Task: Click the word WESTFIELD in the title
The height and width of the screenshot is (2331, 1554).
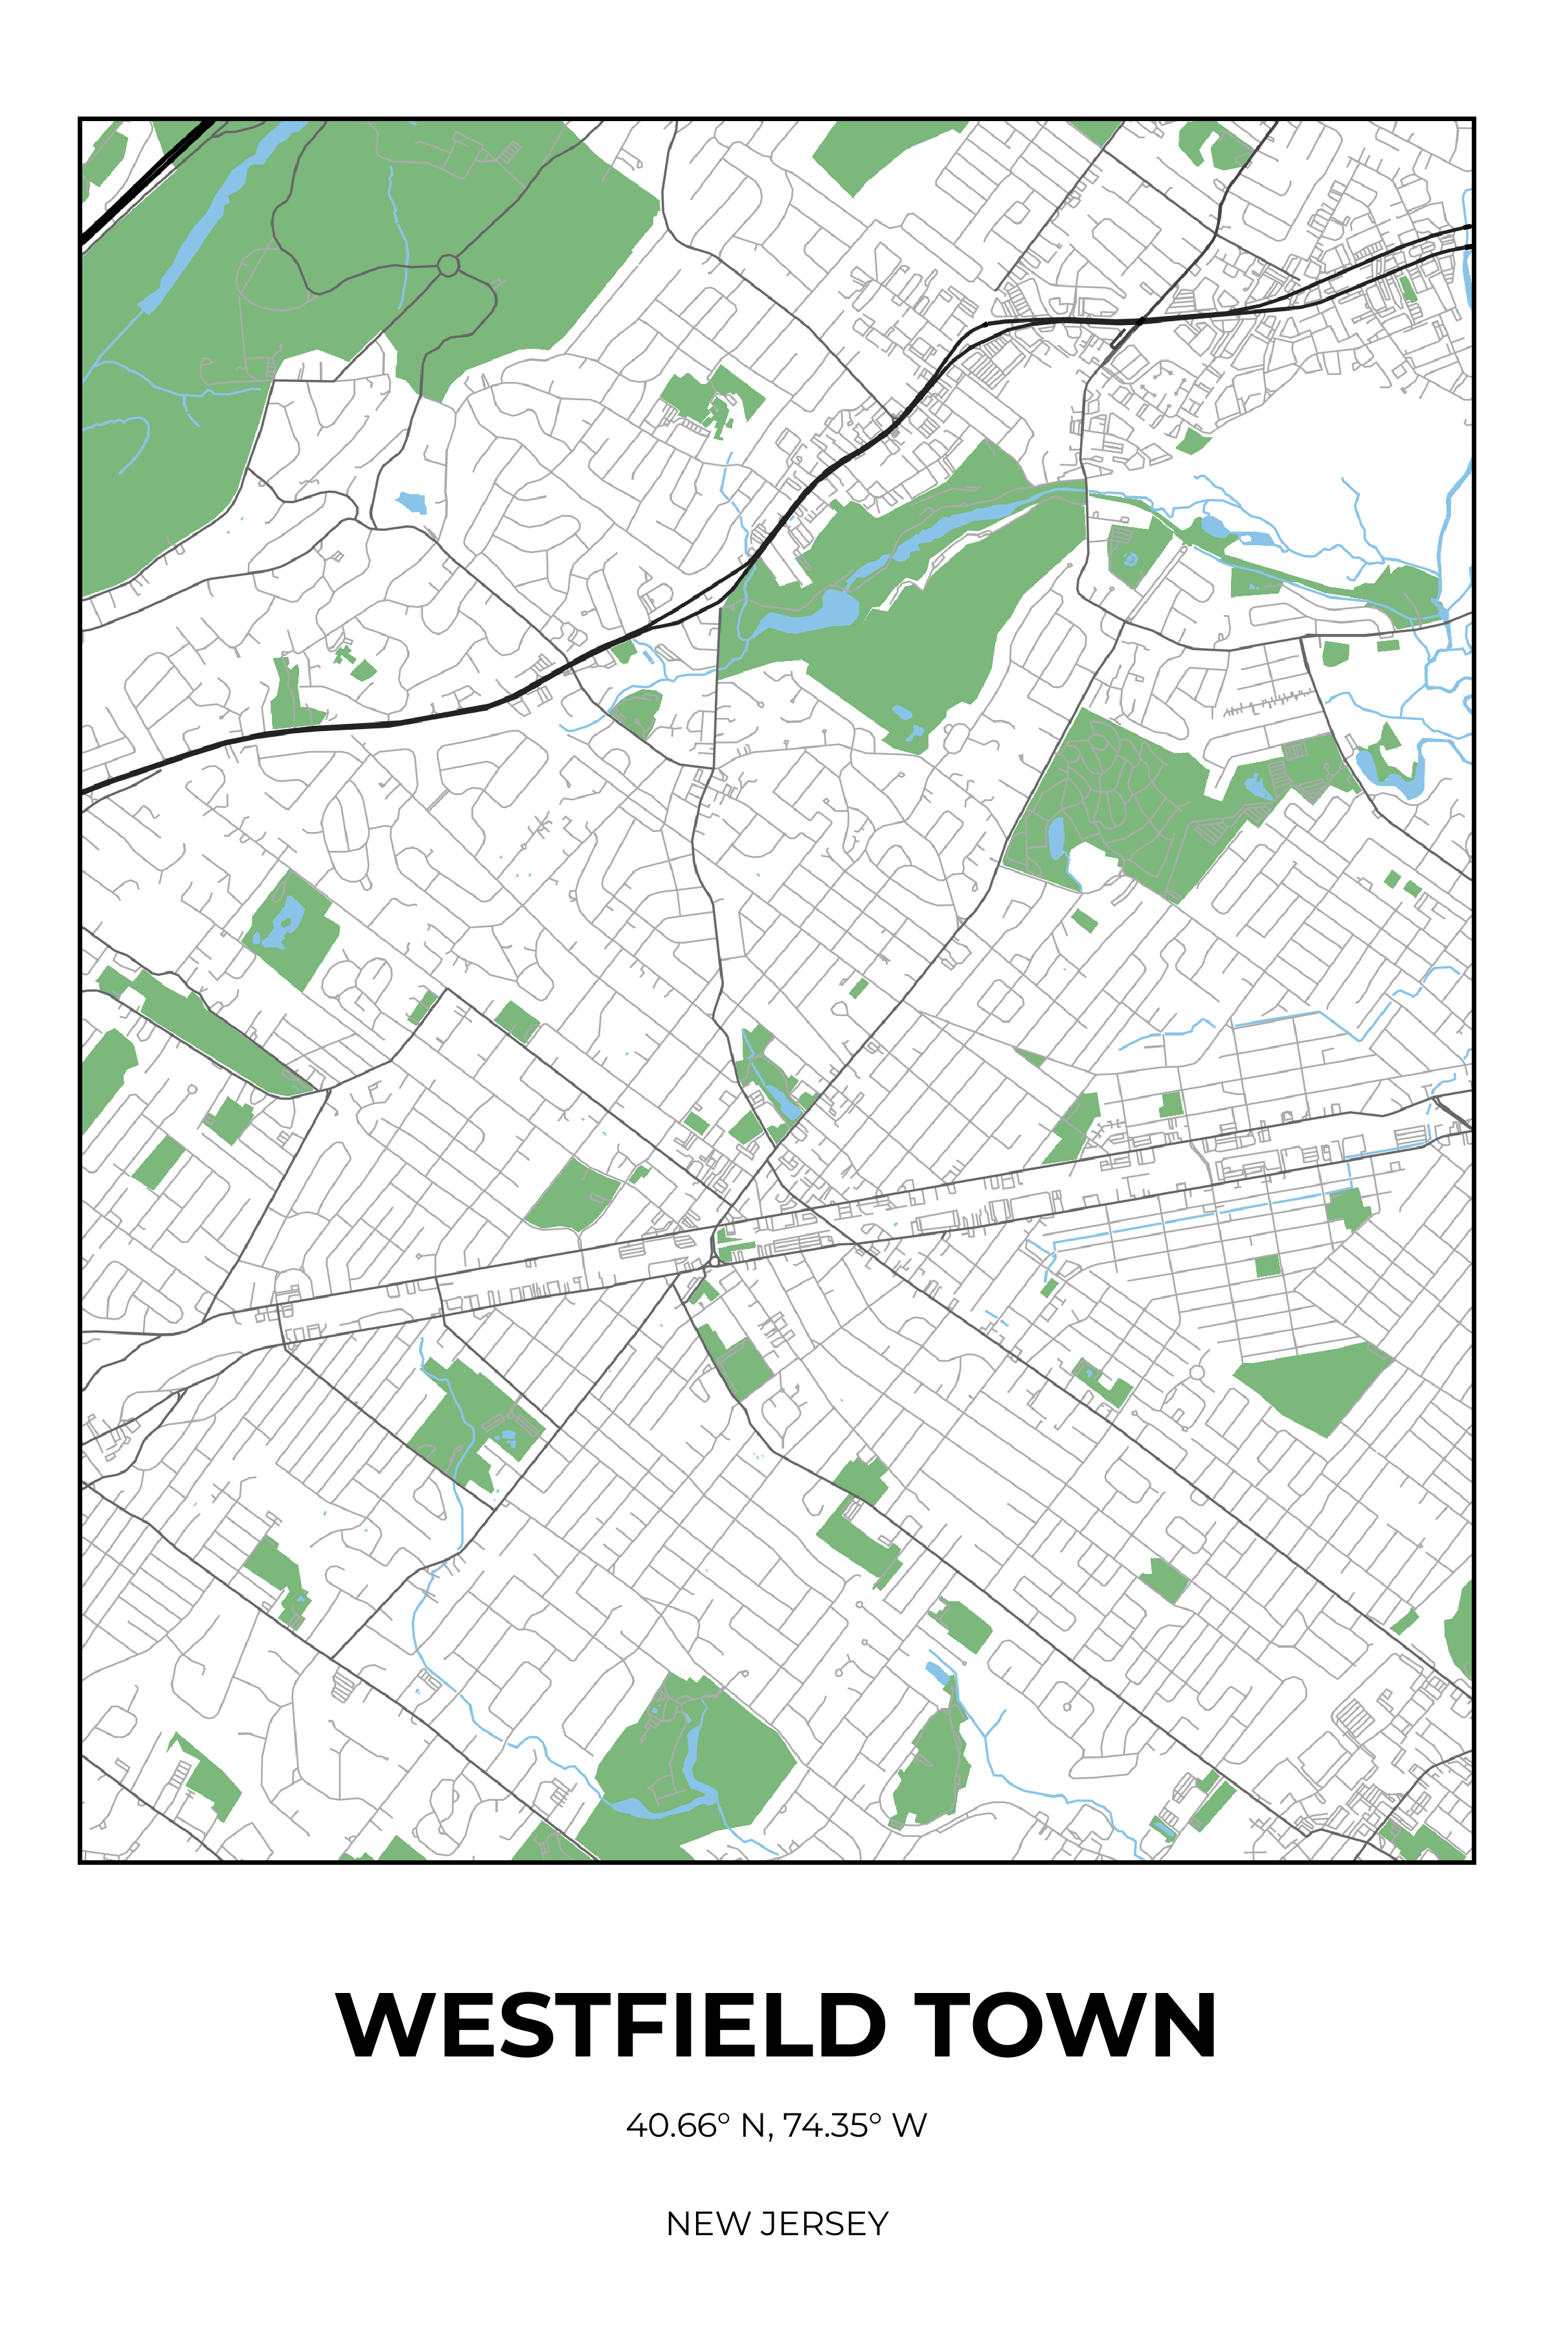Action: click(609, 2026)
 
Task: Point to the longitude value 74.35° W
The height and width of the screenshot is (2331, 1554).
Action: click(854, 2126)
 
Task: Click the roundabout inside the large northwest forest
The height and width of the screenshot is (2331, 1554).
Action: click(448, 265)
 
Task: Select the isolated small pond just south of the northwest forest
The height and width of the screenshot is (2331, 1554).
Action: click(411, 502)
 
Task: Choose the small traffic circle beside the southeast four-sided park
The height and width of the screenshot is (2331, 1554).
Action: click(1196, 1373)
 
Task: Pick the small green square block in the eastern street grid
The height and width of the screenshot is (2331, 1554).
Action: click(1268, 1266)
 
